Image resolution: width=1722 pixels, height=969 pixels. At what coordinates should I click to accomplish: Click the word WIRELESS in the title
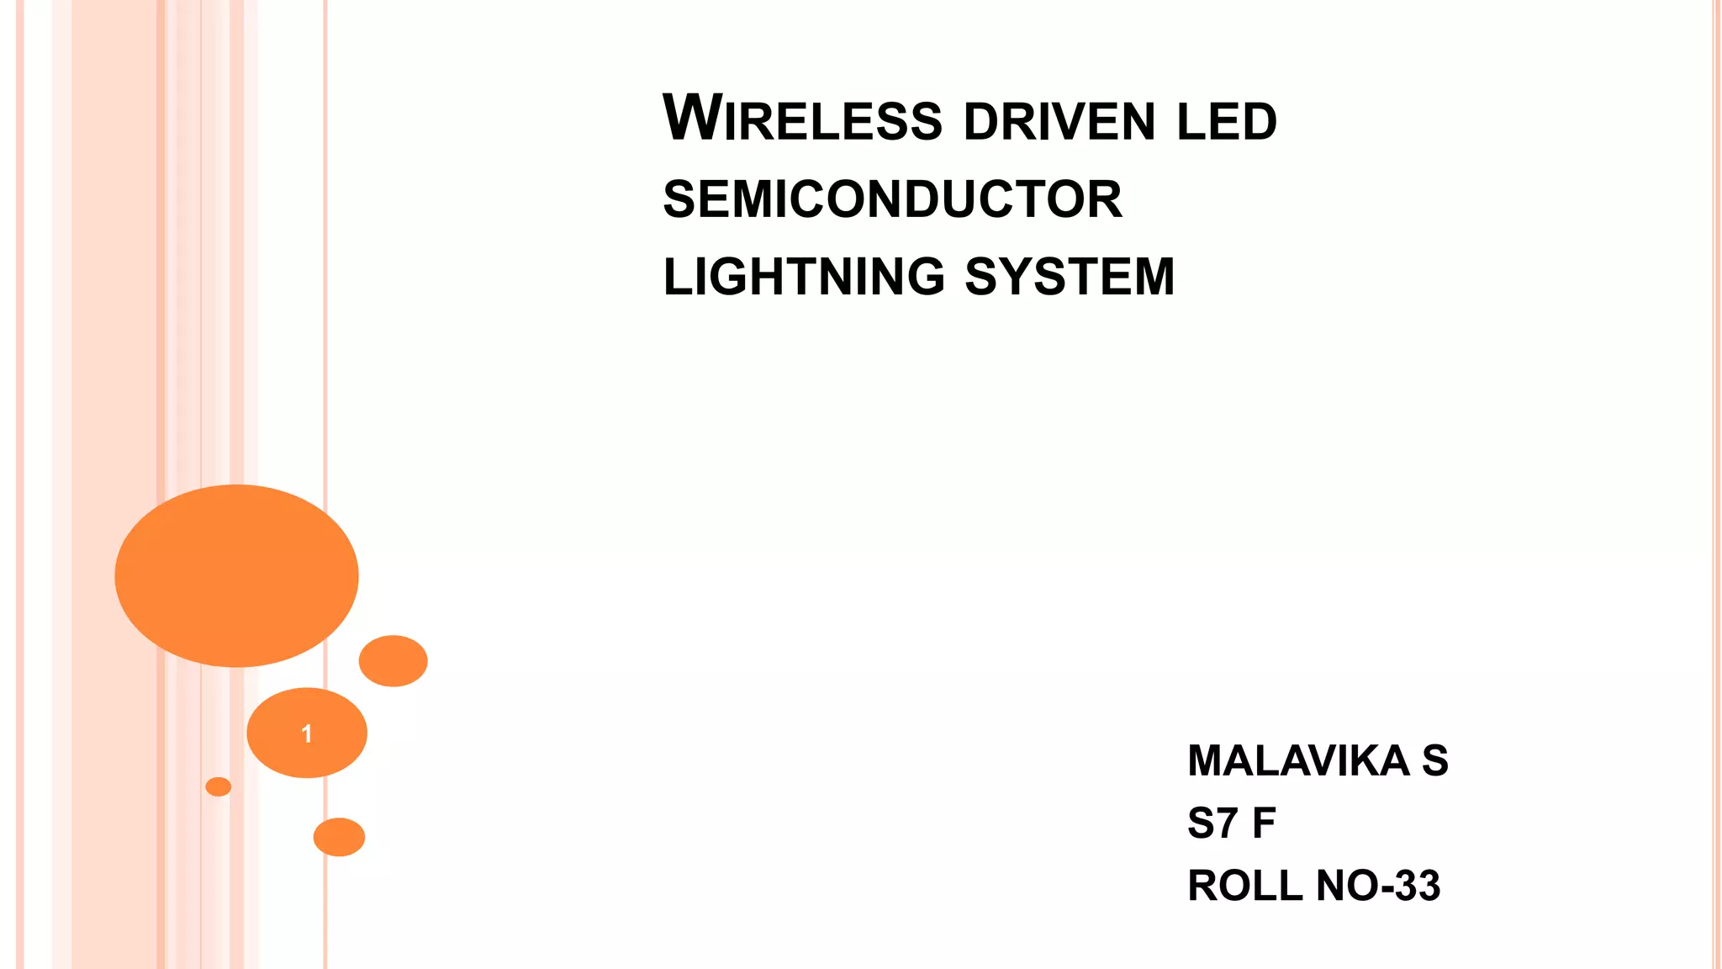click(802, 119)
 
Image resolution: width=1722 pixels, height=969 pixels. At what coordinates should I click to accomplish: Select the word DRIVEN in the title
click(1060, 122)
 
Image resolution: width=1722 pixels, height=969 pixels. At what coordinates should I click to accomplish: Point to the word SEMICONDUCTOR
click(892, 199)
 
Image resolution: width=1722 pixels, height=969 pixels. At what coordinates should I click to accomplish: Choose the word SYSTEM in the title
click(1070, 277)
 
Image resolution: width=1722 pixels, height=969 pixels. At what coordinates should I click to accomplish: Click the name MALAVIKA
click(1298, 761)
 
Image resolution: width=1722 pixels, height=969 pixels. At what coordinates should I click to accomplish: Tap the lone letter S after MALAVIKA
click(1434, 761)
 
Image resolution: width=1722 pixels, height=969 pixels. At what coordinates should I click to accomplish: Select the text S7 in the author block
click(1212, 823)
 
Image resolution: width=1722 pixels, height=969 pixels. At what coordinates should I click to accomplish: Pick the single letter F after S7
click(1264, 823)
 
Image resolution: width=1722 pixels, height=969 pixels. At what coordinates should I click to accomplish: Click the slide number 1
click(307, 733)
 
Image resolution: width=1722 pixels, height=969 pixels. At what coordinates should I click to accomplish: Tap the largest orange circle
click(236, 576)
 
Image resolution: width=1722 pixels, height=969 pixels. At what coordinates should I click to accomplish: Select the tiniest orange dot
click(218, 786)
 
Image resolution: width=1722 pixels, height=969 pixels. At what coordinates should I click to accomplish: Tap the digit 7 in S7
click(1226, 823)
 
